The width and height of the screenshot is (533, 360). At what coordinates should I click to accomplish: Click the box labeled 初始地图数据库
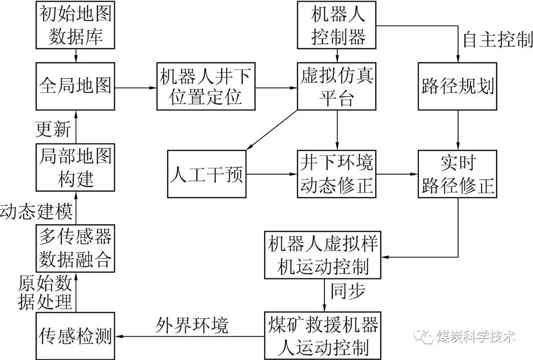click(75, 25)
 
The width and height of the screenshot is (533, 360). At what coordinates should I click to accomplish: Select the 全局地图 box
click(75, 87)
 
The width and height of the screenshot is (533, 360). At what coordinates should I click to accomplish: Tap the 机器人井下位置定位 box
click(206, 87)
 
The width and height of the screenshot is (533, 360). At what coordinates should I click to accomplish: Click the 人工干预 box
click(207, 174)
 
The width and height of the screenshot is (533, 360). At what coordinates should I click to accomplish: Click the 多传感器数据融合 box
click(75, 248)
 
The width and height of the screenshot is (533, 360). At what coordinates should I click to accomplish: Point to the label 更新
click(53, 129)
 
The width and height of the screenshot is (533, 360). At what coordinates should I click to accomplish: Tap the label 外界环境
click(192, 325)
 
